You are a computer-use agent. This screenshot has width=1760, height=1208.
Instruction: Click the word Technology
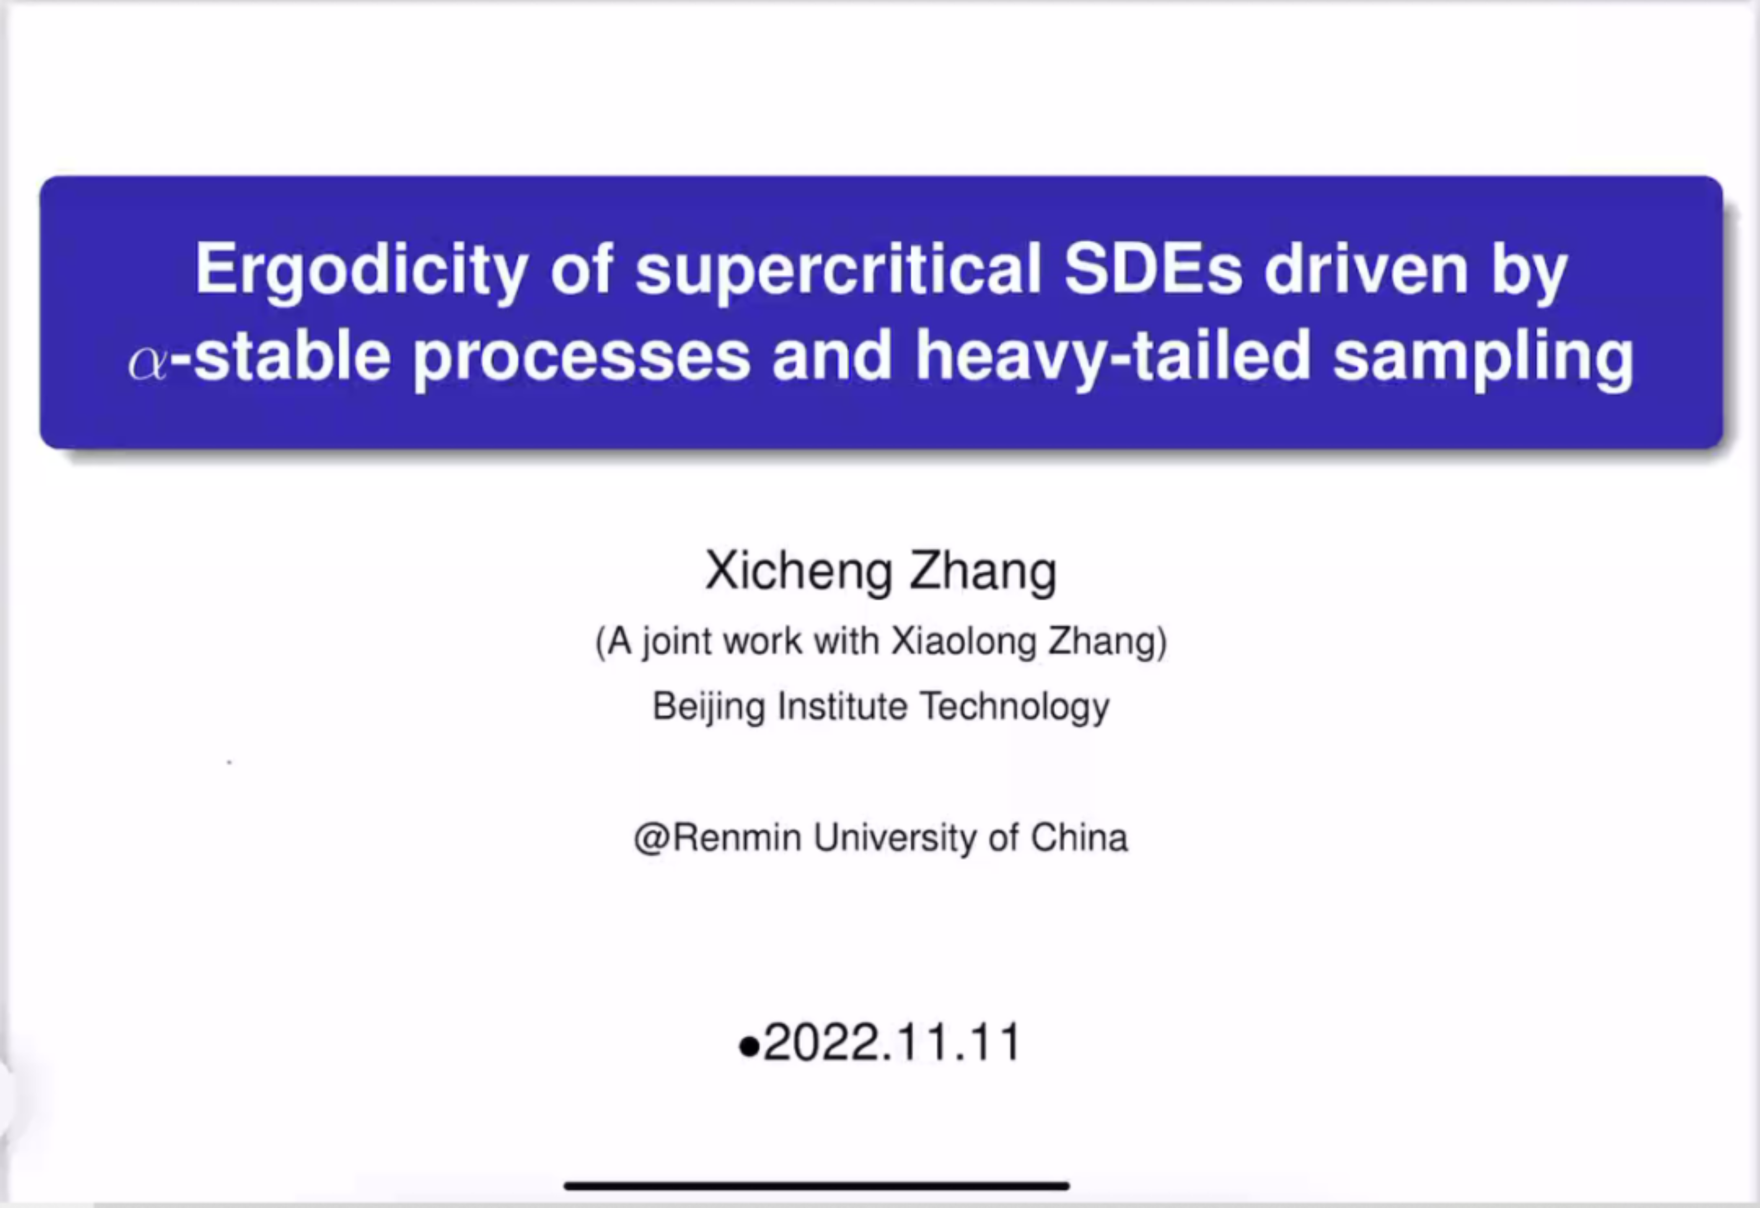tap(1015, 707)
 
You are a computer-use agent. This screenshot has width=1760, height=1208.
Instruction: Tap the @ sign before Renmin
tap(652, 838)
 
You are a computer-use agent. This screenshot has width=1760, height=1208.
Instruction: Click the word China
tap(1079, 838)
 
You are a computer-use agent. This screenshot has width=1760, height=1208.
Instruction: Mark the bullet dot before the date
tap(748, 1047)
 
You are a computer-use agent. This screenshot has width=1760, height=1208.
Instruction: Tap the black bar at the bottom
tap(817, 1185)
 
